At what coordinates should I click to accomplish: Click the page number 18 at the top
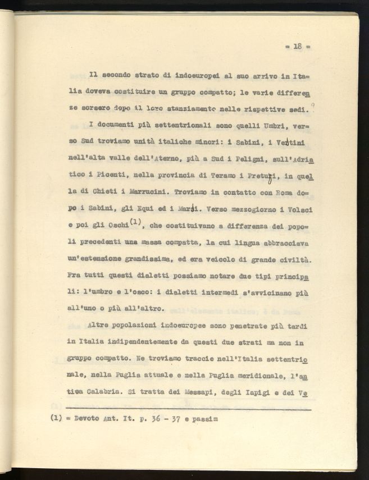point(298,47)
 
